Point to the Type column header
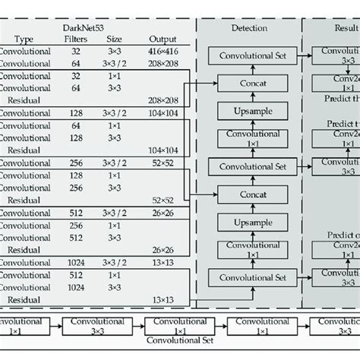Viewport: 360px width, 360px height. [x=24, y=39]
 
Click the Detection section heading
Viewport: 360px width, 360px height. [x=248, y=27]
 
